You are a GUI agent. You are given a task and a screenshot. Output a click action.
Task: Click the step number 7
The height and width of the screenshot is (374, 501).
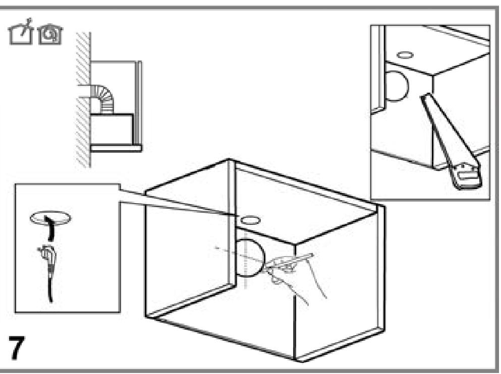coord(16,347)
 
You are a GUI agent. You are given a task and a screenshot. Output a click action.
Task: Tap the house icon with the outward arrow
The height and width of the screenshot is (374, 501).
coord(21,32)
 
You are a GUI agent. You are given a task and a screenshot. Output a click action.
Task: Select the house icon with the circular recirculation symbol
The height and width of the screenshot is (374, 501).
coord(50,34)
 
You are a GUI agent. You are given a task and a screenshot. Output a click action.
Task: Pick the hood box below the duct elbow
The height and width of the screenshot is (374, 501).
coord(112,129)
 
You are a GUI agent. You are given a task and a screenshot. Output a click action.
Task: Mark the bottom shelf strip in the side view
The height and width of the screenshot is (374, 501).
coord(116,148)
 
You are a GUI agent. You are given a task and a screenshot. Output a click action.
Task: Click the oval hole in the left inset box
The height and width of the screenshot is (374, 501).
coord(50,218)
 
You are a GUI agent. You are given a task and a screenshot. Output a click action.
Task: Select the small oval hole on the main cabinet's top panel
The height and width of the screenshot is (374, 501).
coord(250,220)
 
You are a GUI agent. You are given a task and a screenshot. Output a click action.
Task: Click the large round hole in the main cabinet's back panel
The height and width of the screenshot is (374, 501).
coord(250,258)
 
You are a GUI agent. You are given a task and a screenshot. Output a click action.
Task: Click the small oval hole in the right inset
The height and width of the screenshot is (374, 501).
coord(405,55)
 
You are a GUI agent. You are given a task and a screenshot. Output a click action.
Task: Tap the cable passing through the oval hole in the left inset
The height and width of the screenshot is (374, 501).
coord(49,228)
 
